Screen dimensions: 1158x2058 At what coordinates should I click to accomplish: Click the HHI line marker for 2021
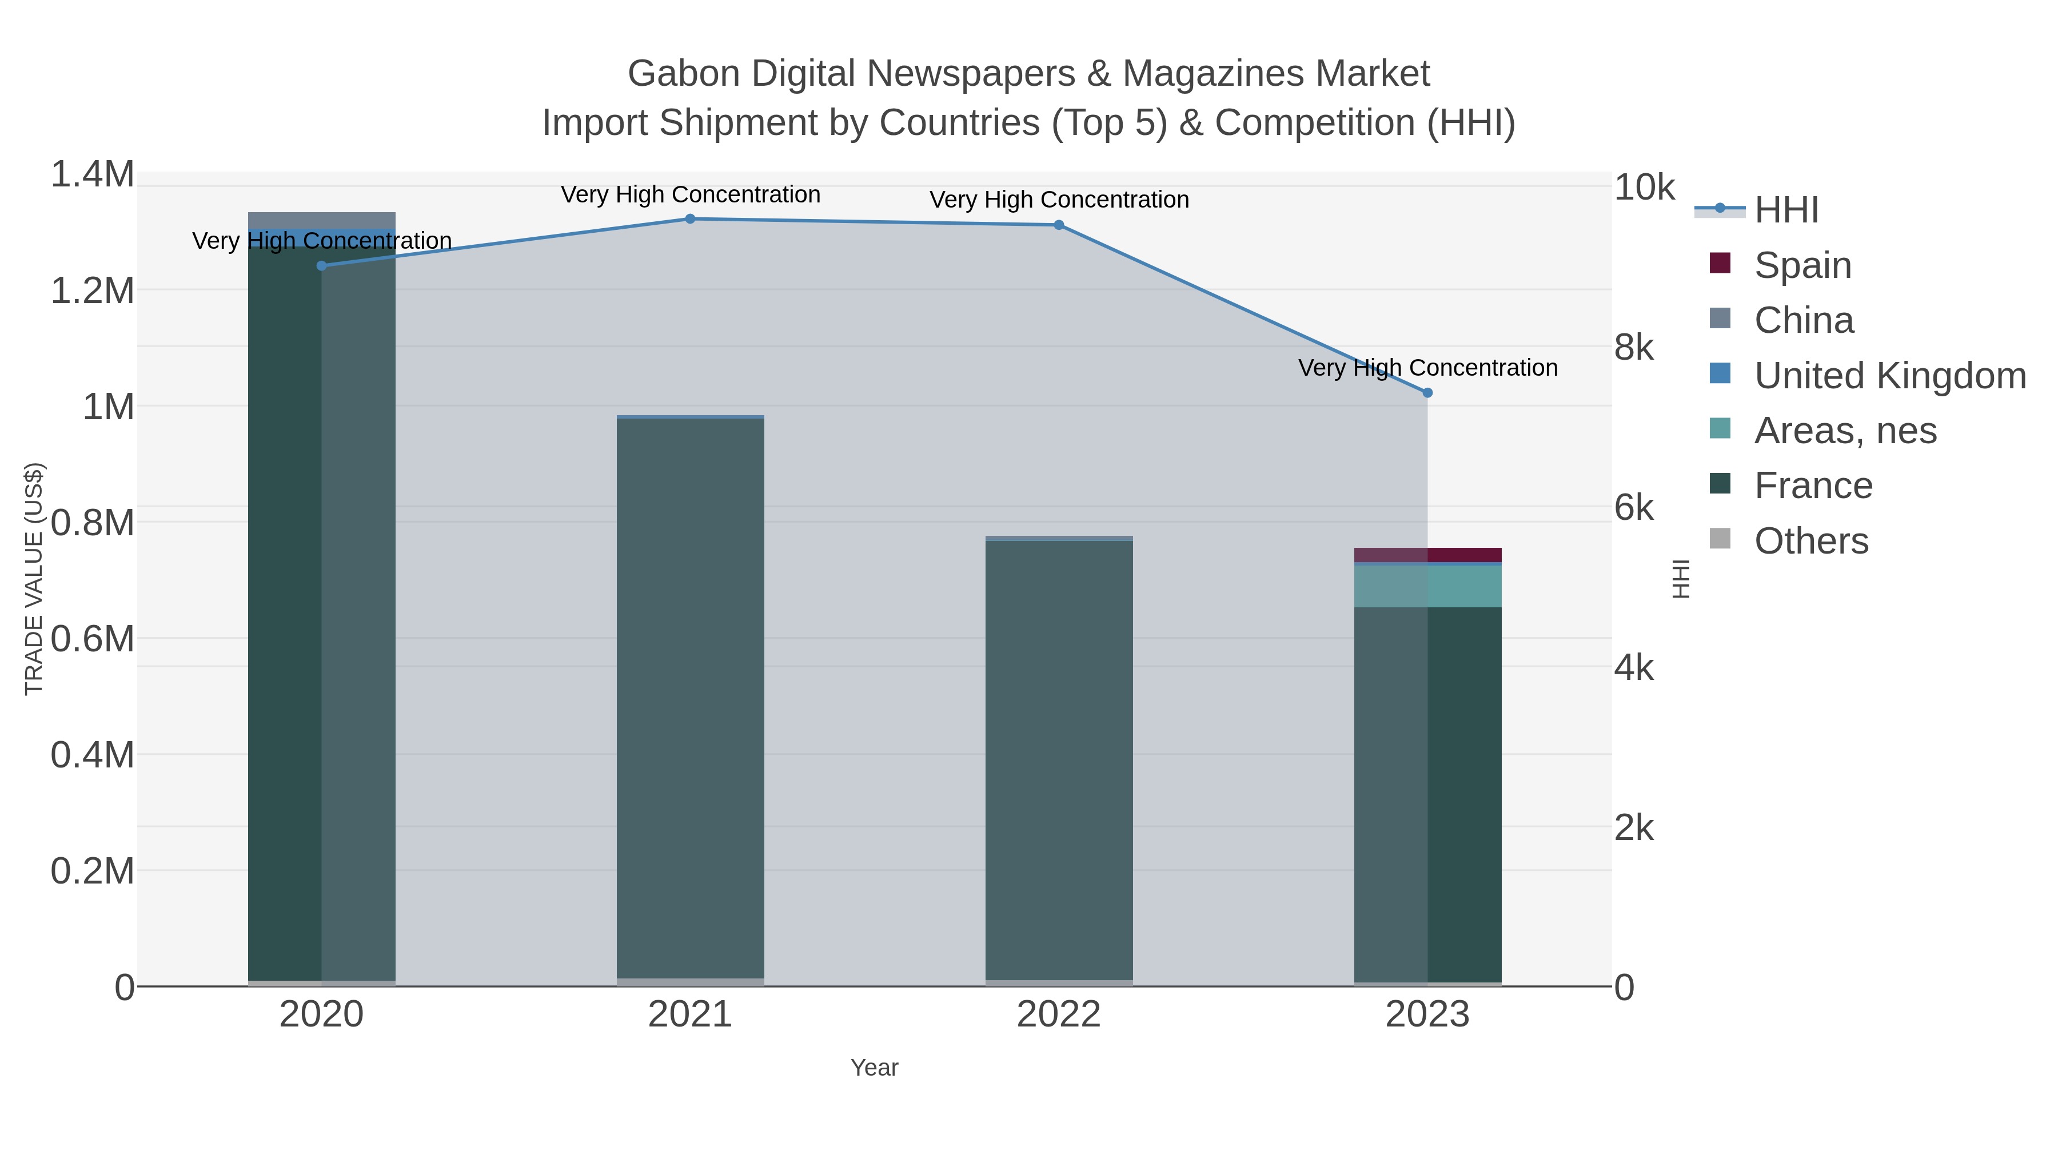690,219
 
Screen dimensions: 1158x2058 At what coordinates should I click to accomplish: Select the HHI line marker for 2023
1427,392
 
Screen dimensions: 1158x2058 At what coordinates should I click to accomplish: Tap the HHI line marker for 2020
321,265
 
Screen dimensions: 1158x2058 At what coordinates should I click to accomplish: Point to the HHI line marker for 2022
1059,225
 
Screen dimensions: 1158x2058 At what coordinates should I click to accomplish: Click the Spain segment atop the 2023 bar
1427,555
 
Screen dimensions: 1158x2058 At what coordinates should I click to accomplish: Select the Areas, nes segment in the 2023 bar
1427,586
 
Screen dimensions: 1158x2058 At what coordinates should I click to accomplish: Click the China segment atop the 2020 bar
321,220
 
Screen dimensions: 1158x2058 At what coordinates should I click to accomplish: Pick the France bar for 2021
690,695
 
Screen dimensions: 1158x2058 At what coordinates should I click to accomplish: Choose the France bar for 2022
1059,759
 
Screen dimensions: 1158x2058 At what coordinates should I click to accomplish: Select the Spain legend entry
1802,265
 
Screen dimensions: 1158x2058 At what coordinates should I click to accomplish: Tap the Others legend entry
1811,541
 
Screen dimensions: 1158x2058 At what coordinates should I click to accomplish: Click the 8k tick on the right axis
1634,348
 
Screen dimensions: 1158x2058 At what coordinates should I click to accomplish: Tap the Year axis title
874,1068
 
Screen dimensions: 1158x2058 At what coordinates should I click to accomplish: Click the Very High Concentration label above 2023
1427,368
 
